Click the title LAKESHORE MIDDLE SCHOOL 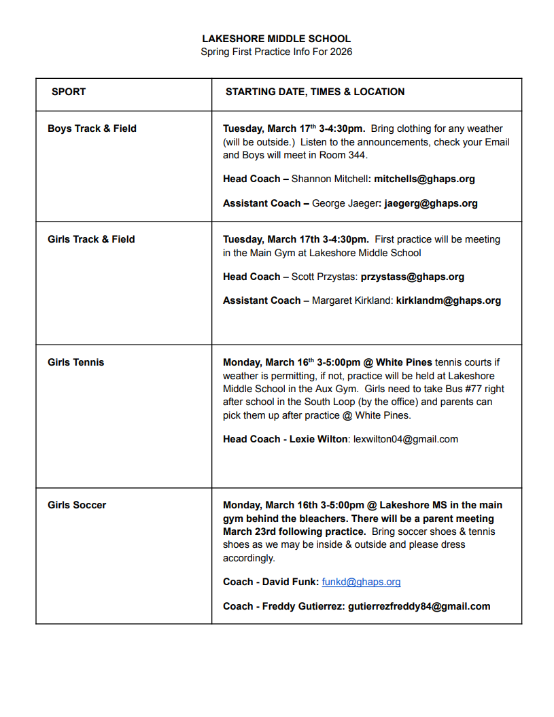pyautogui.click(x=277, y=39)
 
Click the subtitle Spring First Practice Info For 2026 pyautogui.click(x=277, y=52)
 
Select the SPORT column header pyautogui.click(x=69, y=92)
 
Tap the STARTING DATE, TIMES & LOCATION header pyautogui.click(x=315, y=92)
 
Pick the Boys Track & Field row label pyautogui.click(x=92, y=128)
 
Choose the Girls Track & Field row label pyautogui.click(x=91, y=239)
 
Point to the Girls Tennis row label pyautogui.click(x=76, y=362)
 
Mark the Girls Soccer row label pyautogui.click(x=77, y=505)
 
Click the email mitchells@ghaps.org pyautogui.click(x=424, y=179)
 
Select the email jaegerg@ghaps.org pyautogui.click(x=431, y=203)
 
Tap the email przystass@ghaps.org pyautogui.click(x=413, y=277)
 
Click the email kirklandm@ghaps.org pyautogui.click(x=449, y=300)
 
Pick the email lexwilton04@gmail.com pyautogui.click(x=406, y=439)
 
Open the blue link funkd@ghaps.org pyautogui.click(x=361, y=582)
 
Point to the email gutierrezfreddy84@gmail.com pyautogui.click(x=419, y=606)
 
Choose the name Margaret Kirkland pyautogui.click(x=352, y=300)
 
